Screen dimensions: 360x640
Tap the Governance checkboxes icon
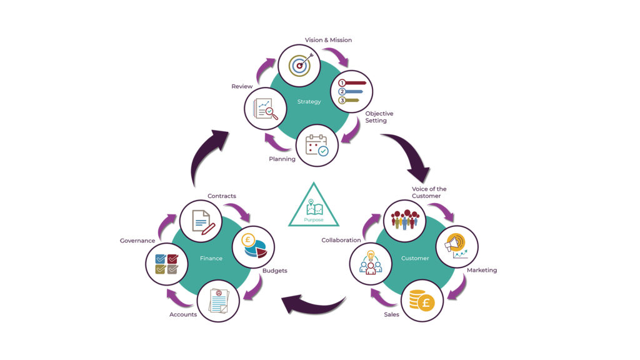click(166, 264)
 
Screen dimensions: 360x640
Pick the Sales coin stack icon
click(422, 301)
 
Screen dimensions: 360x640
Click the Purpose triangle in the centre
click(314, 206)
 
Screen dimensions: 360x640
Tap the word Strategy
click(309, 101)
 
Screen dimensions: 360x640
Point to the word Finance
click(211, 257)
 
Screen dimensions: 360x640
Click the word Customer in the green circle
click(415, 257)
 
